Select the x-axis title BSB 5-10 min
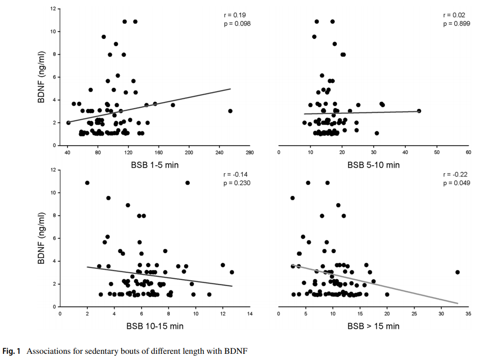coord(374,165)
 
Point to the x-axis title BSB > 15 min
coord(374,326)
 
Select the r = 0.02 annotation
coord(453,15)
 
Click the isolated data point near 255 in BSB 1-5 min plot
coord(230,111)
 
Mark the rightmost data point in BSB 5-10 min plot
coord(419,111)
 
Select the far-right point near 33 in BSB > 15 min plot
coord(457,272)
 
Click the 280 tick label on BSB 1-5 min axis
coord(249,153)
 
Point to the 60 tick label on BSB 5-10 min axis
coord(468,153)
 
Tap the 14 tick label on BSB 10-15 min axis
coord(249,314)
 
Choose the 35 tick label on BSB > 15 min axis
coord(468,314)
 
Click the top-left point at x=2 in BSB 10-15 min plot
coord(87,183)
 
